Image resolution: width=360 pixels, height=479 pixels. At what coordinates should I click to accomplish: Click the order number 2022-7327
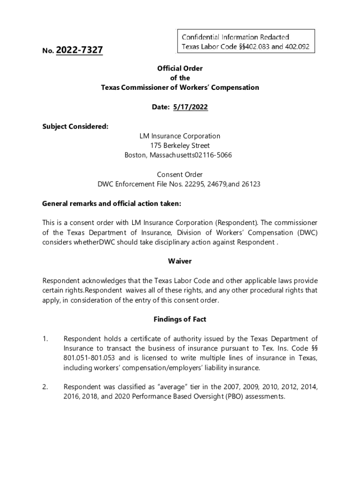click(79, 50)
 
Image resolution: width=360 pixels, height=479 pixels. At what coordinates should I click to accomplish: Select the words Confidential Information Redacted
click(235, 37)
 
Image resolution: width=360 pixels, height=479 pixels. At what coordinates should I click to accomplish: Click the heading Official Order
click(180, 68)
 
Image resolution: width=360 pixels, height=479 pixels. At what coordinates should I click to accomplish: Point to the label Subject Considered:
click(75, 126)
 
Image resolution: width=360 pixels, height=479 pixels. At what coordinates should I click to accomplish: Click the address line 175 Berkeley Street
click(180, 145)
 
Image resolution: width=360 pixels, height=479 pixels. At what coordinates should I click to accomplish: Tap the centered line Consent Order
click(180, 174)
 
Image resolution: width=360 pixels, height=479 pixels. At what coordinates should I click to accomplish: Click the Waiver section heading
click(180, 261)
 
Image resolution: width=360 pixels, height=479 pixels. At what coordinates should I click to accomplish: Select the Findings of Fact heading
click(180, 319)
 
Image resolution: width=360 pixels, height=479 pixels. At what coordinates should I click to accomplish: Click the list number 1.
click(45, 339)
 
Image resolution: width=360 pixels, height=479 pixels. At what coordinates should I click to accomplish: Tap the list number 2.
click(45, 387)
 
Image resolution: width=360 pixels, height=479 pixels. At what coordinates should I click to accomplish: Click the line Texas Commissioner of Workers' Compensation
click(180, 87)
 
